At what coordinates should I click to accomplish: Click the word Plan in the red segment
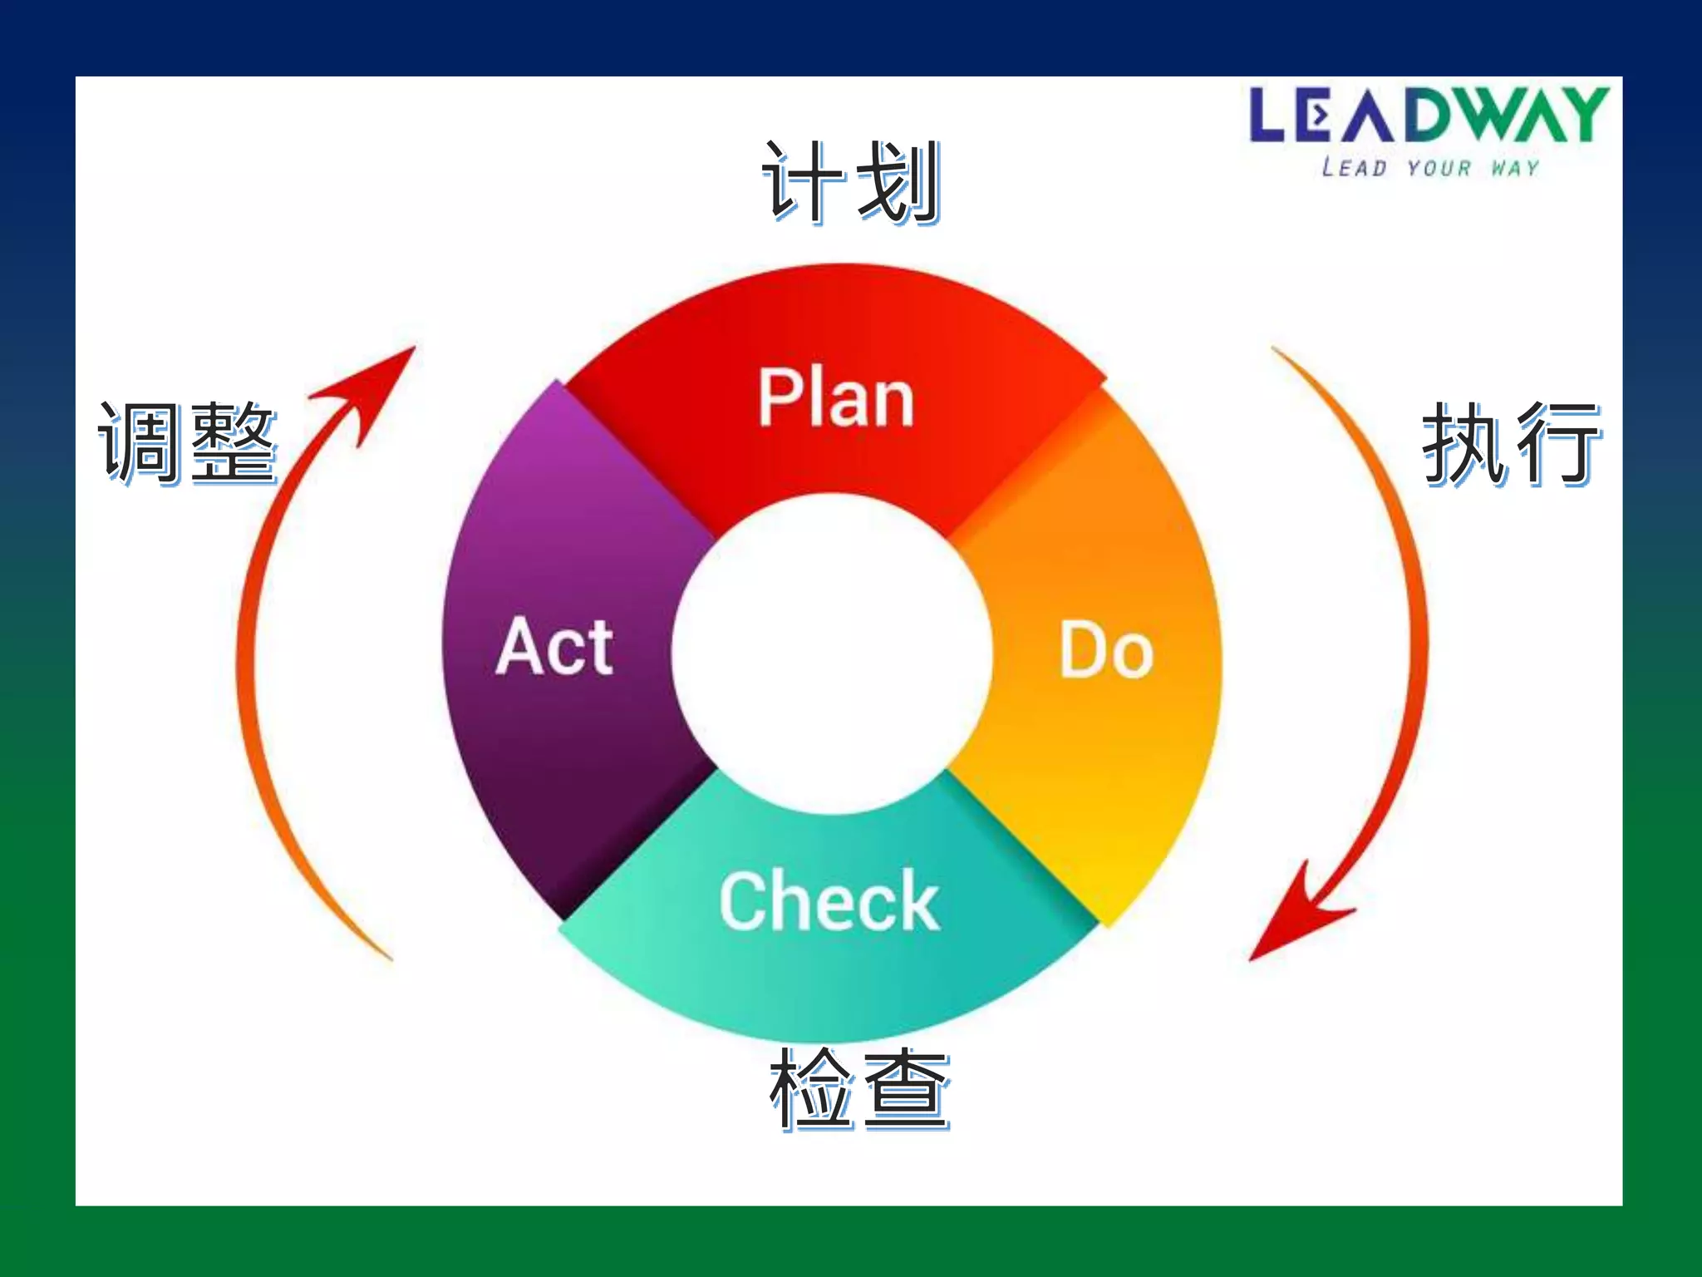[x=836, y=398]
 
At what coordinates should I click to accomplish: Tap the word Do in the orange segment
[x=1106, y=650]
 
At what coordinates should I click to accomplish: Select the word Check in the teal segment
[x=829, y=901]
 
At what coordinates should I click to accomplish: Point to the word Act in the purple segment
[x=555, y=647]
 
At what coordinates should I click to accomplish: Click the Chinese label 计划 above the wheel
[x=851, y=181]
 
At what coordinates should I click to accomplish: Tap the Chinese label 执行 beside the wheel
[x=1511, y=442]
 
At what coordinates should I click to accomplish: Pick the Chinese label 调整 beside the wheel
[x=187, y=442]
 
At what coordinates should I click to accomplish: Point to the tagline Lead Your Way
[x=1429, y=168]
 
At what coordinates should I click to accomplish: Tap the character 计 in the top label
[x=803, y=181]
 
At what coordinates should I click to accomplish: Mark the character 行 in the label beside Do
[x=1557, y=442]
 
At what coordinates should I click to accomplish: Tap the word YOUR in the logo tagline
[x=1439, y=168]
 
